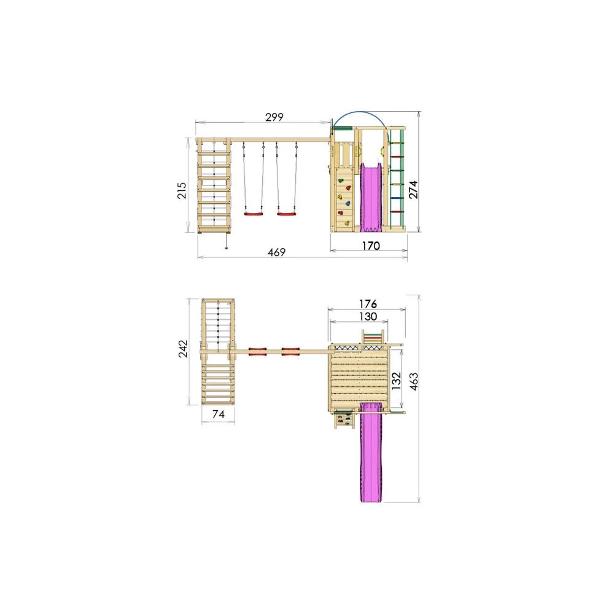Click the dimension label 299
274,117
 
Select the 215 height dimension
182,190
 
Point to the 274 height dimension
413,190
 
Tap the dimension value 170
370,246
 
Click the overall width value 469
276,252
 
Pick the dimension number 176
368,303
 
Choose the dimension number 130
368,316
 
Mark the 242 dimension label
183,349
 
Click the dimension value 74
219,414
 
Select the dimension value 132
396,381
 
